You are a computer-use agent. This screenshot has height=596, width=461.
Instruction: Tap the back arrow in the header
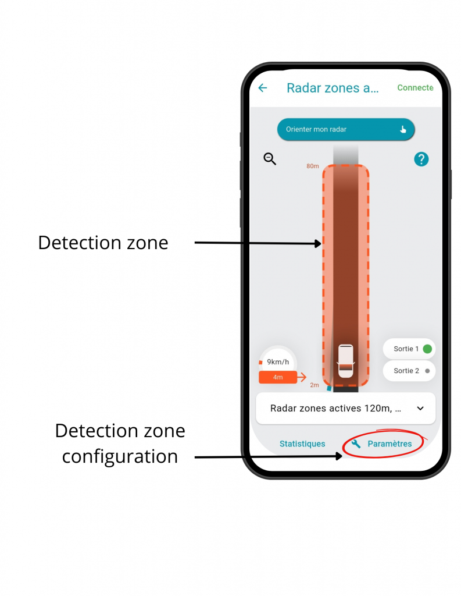pyautogui.click(x=263, y=88)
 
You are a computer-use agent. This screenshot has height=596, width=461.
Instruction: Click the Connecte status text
pyautogui.click(x=415, y=88)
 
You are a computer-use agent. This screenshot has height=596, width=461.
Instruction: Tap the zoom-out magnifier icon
pyautogui.click(x=270, y=158)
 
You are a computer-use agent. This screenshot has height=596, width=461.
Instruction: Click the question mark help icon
pyautogui.click(x=421, y=159)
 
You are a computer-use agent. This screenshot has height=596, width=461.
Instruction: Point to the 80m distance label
pyautogui.click(x=313, y=166)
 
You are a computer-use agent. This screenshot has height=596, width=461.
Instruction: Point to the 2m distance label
pyautogui.click(x=315, y=385)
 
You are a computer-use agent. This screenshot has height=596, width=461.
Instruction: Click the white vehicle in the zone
pyautogui.click(x=345, y=361)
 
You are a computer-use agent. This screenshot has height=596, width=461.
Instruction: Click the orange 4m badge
pyautogui.click(x=278, y=377)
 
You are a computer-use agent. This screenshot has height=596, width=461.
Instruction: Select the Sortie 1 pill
pyautogui.click(x=409, y=349)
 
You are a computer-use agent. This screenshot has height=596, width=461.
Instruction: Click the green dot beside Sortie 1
pyautogui.click(x=427, y=349)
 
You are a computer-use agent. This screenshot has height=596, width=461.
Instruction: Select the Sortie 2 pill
pyautogui.click(x=409, y=371)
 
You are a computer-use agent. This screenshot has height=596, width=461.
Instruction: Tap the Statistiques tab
pyautogui.click(x=302, y=444)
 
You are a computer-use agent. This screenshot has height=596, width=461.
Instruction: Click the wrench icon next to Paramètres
pyautogui.click(x=356, y=444)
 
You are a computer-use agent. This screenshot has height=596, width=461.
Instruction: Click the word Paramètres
pyautogui.click(x=389, y=444)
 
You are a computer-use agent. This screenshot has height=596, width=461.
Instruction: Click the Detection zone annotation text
pyautogui.click(x=103, y=243)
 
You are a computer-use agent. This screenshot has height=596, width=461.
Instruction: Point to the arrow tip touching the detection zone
pyautogui.click(x=320, y=244)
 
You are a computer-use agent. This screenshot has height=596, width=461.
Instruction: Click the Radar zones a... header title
pyautogui.click(x=333, y=88)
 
